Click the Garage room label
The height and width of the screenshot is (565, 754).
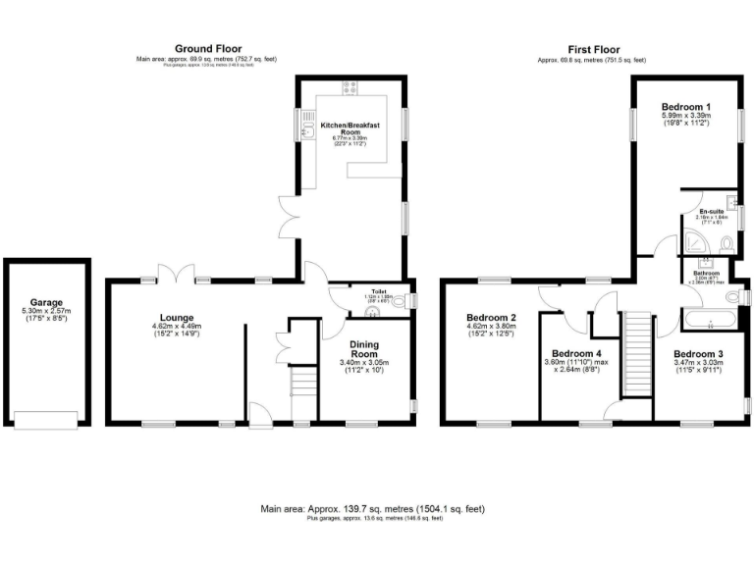click(46, 302)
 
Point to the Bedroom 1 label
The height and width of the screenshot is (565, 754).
click(685, 106)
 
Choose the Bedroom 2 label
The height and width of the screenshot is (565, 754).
click(492, 318)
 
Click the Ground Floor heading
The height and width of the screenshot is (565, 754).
click(208, 48)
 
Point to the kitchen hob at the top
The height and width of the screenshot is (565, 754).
click(349, 88)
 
